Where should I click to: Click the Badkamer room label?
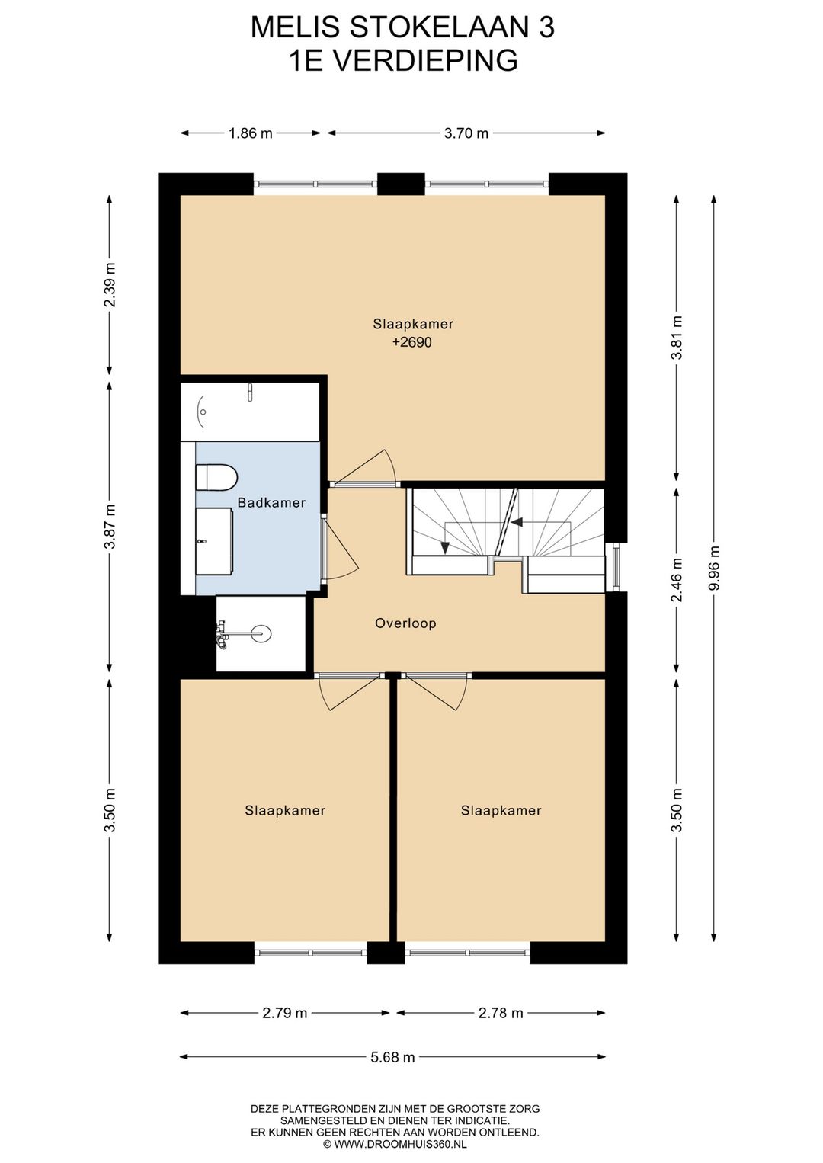271,502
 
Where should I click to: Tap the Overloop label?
405,623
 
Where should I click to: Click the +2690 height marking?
412,343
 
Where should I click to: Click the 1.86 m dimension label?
251,133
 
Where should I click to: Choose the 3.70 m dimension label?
466,133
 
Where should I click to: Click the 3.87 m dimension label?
110,527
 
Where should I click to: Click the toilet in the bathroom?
216,476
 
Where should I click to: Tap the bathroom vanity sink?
214,542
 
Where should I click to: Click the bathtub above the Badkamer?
250,412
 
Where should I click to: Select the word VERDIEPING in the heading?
424,60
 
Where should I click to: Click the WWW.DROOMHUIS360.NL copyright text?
395,1144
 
